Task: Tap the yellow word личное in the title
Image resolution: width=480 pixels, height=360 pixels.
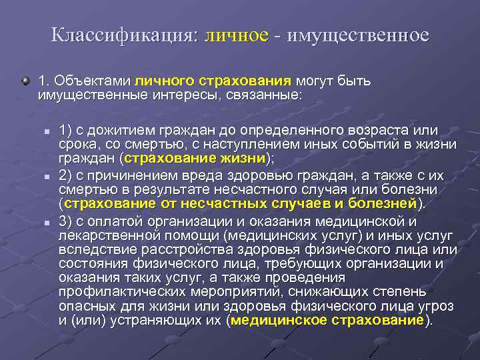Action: tap(237, 35)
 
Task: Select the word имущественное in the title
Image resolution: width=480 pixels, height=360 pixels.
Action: tap(358, 35)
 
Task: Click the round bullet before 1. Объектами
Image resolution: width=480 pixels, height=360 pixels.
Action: tap(25, 81)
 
